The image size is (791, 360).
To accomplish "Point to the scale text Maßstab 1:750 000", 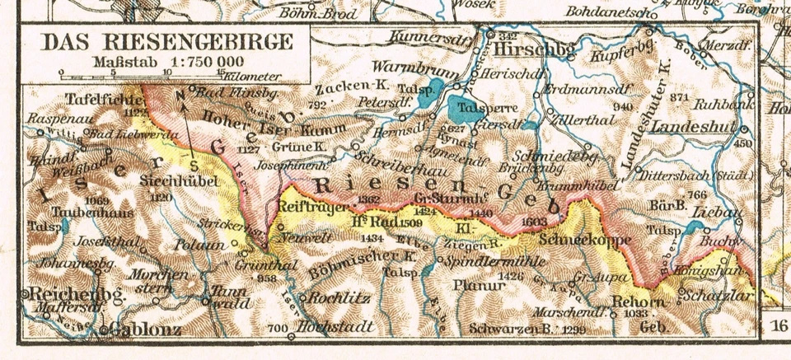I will (x=167, y=61).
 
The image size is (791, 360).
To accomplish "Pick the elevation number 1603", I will (x=534, y=222).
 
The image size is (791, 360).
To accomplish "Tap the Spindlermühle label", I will (x=484, y=259).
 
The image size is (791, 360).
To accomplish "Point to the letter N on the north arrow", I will (x=180, y=95).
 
